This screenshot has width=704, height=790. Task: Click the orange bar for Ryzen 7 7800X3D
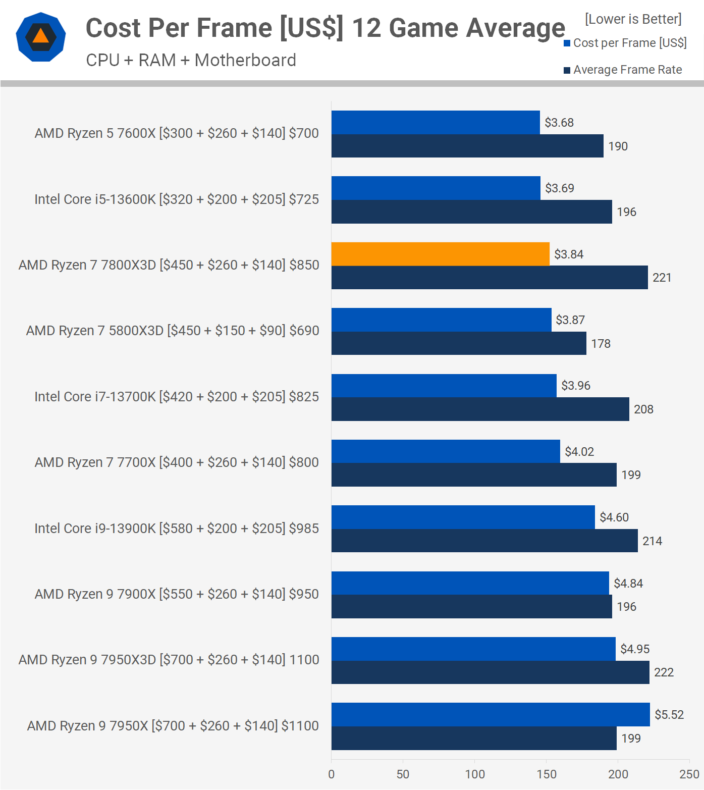(x=441, y=254)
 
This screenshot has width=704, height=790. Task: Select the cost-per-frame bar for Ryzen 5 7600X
(x=436, y=122)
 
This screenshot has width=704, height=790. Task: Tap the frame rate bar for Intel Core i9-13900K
(x=484, y=541)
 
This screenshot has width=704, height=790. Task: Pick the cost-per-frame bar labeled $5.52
(x=491, y=714)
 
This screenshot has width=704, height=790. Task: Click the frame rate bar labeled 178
(x=459, y=343)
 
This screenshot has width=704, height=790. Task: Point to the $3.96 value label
(x=576, y=386)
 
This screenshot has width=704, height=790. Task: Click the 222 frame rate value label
(x=664, y=672)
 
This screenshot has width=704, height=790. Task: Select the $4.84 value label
(x=628, y=584)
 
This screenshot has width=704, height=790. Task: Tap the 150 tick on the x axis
(x=547, y=774)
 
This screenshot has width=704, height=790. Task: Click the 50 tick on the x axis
(x=403, y=774)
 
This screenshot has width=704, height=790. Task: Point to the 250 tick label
(x=689, y=774)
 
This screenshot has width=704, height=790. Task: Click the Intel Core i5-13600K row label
(x=177, y=199)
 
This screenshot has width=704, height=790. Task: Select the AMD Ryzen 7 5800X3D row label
(x=173, y=331)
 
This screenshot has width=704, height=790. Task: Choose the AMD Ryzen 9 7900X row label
(x=177, y=594)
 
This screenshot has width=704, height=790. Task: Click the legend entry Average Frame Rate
(x=623, y=70)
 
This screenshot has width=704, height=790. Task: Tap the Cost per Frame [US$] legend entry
(x=625, y=43)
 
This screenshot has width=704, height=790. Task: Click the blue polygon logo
(x=41, y=37)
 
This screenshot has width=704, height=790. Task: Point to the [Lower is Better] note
(x=633, y=19)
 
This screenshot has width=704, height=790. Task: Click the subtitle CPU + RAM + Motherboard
(x=191, y=60)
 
